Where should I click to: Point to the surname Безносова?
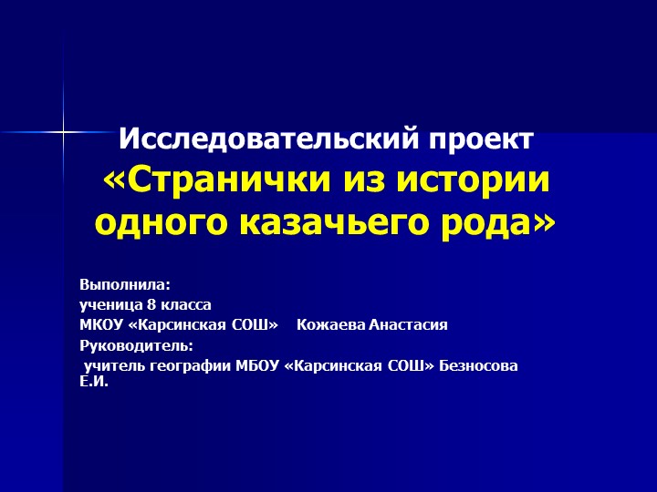(478, 366)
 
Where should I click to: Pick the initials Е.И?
(94, 382)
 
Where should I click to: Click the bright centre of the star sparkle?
(63, 133)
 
